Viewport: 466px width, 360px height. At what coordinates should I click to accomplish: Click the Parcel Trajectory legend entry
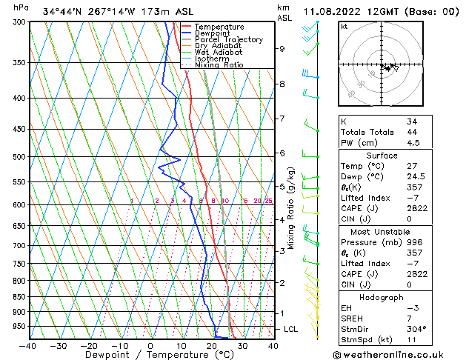pyautogui.click(x=228, y=39)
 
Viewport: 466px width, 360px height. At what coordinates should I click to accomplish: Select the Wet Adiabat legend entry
pyautogui.click(x=220, y=52)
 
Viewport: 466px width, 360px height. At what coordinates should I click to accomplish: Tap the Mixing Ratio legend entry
pyautogui.click(x=219, y=64)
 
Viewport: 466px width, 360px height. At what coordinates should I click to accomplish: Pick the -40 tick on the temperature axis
pyautogui.click(x=28, y=345)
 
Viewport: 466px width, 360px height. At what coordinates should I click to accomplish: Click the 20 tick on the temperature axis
pyautogui.click(x=211, y=345)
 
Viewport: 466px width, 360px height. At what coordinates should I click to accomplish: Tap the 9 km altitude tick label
pyautogui.click(x=282, y=49)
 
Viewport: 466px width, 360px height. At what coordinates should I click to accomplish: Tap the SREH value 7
pyautogui.click(x=409, y=318)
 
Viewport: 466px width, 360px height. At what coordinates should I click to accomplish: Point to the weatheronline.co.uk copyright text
pyautogui.click(x=402, y=353)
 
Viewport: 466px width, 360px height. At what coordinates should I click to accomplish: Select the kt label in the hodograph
pyautogui.click(x=344, y=27)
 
